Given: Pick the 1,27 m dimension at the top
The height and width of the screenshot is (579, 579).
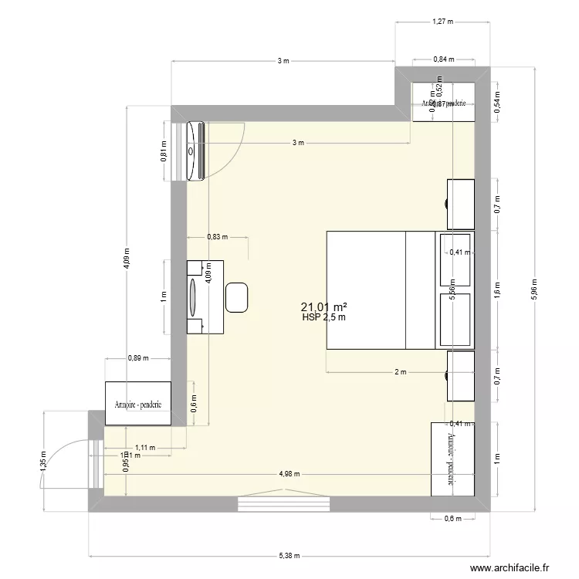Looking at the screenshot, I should pos(442,22).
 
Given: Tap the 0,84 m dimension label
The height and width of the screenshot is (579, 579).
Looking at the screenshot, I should pos(443,59).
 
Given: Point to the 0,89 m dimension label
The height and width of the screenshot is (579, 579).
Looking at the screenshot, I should pos(137,357).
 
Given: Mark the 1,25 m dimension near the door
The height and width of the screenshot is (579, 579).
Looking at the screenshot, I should pos(44,461).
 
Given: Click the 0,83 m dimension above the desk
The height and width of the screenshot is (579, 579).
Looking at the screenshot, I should pos(217,238).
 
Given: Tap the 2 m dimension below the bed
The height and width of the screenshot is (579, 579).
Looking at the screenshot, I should pos(400,373).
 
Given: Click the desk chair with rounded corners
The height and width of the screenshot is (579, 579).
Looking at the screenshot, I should pos(236,297).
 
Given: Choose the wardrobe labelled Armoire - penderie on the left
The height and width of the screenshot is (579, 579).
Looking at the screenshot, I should pos(138,403).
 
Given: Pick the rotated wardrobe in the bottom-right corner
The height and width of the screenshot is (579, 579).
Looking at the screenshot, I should pos(452,459).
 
